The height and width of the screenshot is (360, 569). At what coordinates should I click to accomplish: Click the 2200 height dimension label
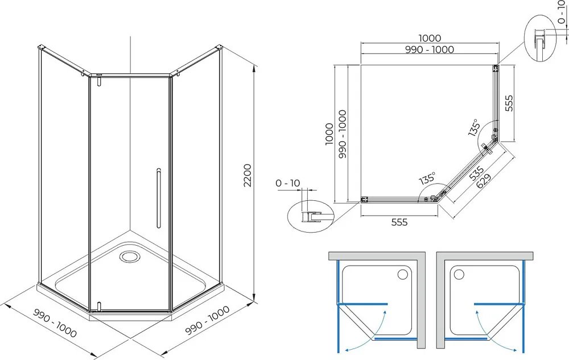click(x=248, y=175)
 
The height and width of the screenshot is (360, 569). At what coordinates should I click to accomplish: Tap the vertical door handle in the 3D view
click(x=159, y=198)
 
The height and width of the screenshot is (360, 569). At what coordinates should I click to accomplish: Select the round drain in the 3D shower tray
click(x=129, y=256)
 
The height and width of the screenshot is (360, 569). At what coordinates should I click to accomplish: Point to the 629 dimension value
click(x=484, y=180)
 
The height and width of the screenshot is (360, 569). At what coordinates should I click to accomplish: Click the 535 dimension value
click(x=476, y=173)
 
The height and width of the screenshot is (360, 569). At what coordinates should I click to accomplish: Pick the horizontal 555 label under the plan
click(x=399, y=222)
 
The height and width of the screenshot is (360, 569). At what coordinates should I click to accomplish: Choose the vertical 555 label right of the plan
click(x=509, y=103)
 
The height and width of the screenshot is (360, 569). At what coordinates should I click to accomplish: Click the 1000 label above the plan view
click(x=430, y=38)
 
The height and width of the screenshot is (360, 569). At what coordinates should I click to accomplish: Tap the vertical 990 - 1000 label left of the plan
click(x=342, y=134)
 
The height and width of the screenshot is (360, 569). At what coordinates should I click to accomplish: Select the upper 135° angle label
click(x=475, y=127)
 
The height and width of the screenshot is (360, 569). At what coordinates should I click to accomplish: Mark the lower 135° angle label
click(x=427, y=178)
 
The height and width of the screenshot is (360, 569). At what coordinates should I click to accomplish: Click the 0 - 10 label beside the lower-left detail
click(x=288, y=183)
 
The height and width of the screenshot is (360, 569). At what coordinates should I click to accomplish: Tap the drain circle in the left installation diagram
click(x=403, y=274)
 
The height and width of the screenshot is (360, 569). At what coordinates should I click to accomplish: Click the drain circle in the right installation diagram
click(x=459, y=274)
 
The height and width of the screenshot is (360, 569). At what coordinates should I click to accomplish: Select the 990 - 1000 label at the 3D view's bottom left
click(x=55, y=322)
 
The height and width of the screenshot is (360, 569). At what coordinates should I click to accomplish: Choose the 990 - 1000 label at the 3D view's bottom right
click(x=207, y=320)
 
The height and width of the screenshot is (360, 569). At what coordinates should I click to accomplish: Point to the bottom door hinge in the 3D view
click(x=98, y=307)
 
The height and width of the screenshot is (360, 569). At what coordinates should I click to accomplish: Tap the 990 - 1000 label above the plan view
click(x=430, y=49)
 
